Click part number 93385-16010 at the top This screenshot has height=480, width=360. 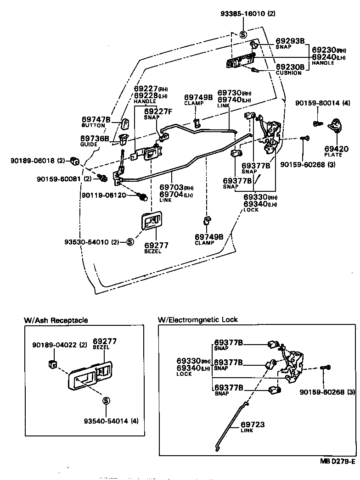point(246,14)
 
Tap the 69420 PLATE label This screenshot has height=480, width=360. point(336,151)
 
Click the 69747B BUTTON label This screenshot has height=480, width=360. point(96,122)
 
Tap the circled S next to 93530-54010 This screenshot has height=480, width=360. point(130,242)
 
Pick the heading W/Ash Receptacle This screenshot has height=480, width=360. point(56,320)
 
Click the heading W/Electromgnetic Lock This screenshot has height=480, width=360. point(197,319)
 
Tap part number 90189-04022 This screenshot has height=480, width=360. point(53,344)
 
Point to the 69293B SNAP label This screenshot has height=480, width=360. point(290,43)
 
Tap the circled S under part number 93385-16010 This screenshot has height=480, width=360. point(243,34)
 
